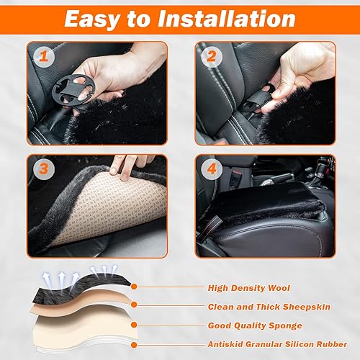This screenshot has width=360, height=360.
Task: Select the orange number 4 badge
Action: tap(211, 170)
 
